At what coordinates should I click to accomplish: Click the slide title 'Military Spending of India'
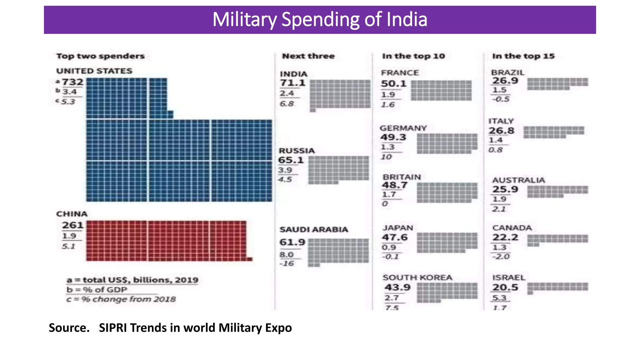tap(320, 19)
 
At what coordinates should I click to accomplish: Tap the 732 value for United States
tap(72, 82)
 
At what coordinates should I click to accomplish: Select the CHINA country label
tap(72, 214)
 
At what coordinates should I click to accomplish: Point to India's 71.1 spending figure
tap(292, 83)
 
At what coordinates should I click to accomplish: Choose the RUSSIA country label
tap(297, 151)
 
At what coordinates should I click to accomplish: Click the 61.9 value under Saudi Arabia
tap(292, 242)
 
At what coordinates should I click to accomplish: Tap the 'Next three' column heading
tap(308, 56)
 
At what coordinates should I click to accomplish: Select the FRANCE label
tap(400, 73)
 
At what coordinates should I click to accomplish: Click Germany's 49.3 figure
tap(393, 137)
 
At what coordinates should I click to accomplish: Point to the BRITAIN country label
tap(402, 177)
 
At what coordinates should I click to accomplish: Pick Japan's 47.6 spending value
tap(395, 237)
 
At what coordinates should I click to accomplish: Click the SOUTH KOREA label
tap(417, 277)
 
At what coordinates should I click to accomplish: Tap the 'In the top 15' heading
tap(523, 56)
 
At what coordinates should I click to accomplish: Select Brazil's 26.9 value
tap(505, 81)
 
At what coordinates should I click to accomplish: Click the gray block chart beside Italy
tap(553, 132)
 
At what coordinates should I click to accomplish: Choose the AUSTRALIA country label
tap(518, 180)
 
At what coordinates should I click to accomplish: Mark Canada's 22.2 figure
tap(505, 237)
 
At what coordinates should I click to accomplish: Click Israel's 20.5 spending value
tap(505, 287)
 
